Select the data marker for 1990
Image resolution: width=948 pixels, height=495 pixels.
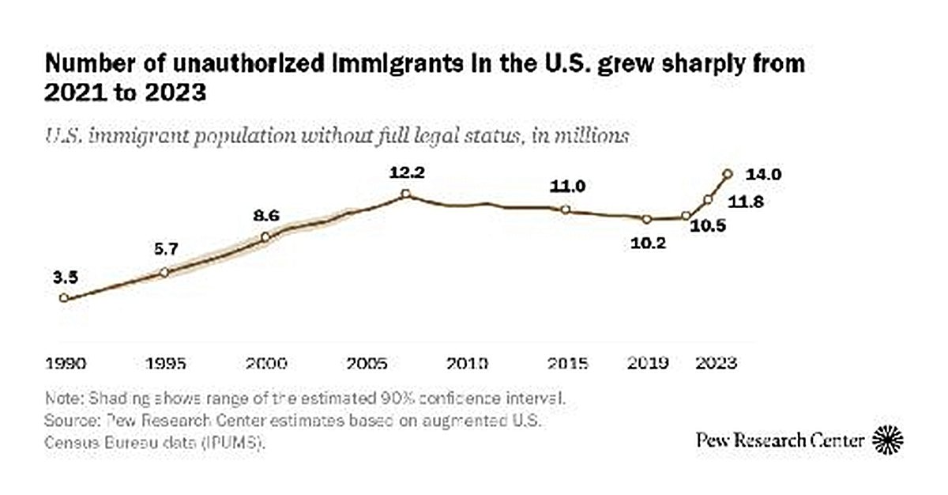click(63, 298)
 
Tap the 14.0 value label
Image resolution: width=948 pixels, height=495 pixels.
click(764, 174)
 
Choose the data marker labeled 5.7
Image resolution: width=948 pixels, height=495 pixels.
click(164, 272)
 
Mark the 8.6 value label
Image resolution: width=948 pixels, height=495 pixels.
click(266, 215)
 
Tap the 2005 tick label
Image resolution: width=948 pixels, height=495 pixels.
click(367, 364)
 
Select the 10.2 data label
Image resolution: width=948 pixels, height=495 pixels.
click(649, 244)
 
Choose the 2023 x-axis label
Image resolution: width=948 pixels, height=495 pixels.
click(715, 364)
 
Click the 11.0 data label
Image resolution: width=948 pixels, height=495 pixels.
click(568, 187)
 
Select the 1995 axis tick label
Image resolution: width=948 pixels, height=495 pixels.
click(166, 364)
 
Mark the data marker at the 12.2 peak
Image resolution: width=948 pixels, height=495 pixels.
click(404, 194)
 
